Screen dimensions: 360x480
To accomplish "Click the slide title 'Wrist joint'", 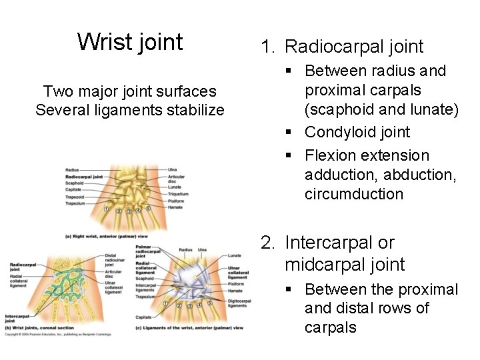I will (x=130, y=42).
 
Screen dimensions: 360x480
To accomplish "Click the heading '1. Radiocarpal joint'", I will (x=342, y=47).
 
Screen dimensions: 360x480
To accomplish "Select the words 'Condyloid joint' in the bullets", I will (x=357, y=132).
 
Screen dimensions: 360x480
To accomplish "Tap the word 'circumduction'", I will (x=354, y=194).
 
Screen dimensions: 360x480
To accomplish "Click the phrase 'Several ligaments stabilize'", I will (x=130, y=110).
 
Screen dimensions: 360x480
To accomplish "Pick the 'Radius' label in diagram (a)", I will (x=73, y=171).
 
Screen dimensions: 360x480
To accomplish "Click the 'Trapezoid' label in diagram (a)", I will (x=75, y=197).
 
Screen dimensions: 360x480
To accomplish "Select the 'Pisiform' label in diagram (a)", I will (x=175, y=201).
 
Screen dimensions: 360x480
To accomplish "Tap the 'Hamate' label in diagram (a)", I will (x=174, y=207).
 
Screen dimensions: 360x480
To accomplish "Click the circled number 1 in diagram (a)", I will (x=106, y=209).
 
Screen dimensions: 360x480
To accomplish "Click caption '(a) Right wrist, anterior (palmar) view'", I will (x=107, y=236).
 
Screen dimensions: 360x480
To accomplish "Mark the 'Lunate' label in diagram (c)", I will (x=235, y=255).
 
